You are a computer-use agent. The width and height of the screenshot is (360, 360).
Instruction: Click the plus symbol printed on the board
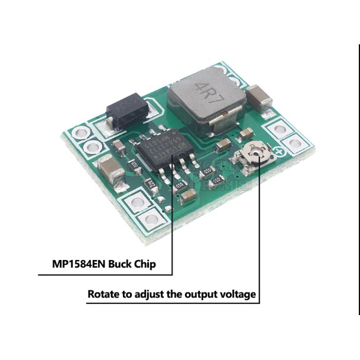click(x=281, y=152)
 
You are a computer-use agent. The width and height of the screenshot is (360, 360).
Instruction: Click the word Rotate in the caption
click(x=105, y=294)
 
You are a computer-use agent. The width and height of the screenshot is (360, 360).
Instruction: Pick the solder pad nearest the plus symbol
click(x=294, y=143)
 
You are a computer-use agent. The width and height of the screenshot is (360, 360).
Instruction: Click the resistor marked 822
click(x=151, y=184)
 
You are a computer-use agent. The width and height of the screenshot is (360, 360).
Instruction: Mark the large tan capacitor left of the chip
click(x=112, y=171)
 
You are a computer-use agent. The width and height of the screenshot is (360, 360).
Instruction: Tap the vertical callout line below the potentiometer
click(x=258, y=236)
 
